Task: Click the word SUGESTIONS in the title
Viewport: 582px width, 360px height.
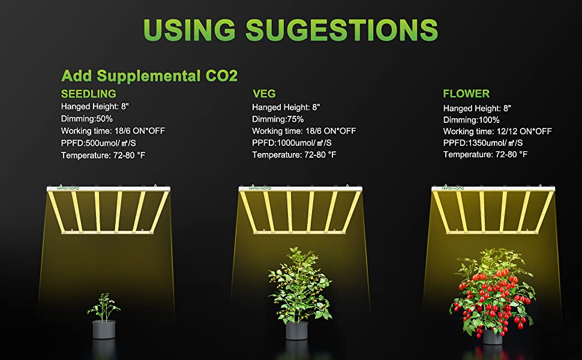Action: point(342,29)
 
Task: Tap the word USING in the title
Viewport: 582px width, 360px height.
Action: point(189,29)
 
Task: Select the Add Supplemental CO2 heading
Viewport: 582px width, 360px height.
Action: point(149,76)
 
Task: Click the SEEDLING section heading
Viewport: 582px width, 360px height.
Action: point(89,94)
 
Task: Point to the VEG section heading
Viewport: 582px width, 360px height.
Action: point(264,94)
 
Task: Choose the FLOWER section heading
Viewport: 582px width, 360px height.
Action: point(466,94)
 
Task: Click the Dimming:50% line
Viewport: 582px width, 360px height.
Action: point(87,119)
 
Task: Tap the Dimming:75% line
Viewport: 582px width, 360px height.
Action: point(278,119)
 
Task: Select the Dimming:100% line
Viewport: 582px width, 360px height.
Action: point(472,120)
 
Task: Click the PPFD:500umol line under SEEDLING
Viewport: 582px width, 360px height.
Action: point(98,143)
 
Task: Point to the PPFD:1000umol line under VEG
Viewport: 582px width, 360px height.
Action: point(292,143)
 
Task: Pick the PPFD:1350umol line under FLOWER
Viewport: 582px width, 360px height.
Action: point(483,143)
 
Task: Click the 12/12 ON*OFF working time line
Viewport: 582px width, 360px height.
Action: point(497,131)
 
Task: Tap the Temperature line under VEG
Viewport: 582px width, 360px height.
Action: point(294,155)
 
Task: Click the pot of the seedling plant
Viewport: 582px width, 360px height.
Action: point(104,329)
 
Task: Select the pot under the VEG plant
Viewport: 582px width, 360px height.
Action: point(297,331)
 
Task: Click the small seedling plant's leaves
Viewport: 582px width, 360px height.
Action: point(104,307)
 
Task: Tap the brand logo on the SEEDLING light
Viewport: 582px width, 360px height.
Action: point(68,188)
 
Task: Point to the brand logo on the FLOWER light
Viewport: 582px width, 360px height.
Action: point(453,188)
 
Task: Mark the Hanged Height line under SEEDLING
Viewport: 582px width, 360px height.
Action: point(95,107)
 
